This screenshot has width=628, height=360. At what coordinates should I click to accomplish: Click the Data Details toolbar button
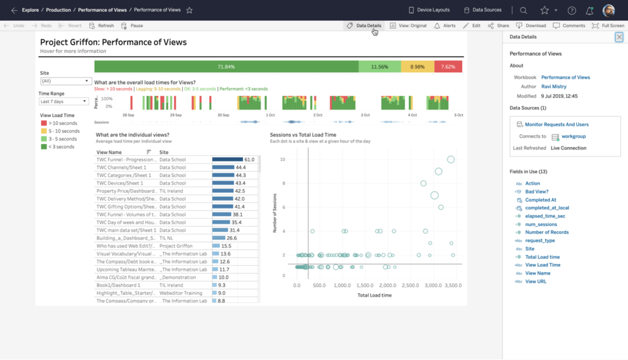pyautogui.click(x=364, y=26)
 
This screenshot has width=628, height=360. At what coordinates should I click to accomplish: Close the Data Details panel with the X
pyautogui.click(x=619, y=38)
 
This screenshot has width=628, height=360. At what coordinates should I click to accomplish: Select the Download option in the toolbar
pyautogui.click(x=531, y=26)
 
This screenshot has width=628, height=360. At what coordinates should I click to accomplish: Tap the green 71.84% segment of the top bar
pyautogui.click(x=226, y=67)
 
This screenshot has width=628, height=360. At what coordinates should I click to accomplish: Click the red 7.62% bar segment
pyautogui.click(x=448, y=67)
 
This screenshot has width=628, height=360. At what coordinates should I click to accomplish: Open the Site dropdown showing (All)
pyautogui.click(x=66, y=81)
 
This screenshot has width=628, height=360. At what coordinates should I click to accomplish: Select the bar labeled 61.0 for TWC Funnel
pyautogui.click(x=227, y=160)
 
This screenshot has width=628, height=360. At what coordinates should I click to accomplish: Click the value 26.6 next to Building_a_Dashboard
pyautogui.click(x=232, y=238)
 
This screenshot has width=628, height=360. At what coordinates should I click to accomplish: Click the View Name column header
pyautogui.click(x=110, y=152)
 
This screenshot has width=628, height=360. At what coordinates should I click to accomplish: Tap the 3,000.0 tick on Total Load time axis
pyautogui.click(x=433, y=285)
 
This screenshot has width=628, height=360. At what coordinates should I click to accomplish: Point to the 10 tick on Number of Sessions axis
pyautogui.click(x=283, y=160)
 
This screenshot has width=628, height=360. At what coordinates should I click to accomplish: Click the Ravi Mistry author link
pyautogui.click(x=554, y=87)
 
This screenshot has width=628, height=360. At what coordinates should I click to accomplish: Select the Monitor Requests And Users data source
pyautogui.click(x=556, y=125)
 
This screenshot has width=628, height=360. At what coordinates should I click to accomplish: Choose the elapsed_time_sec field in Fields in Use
pyautogui.click(x=545, y=216)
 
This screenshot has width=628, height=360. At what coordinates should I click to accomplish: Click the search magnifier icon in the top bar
pyautogui.click(x=523, y=10)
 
